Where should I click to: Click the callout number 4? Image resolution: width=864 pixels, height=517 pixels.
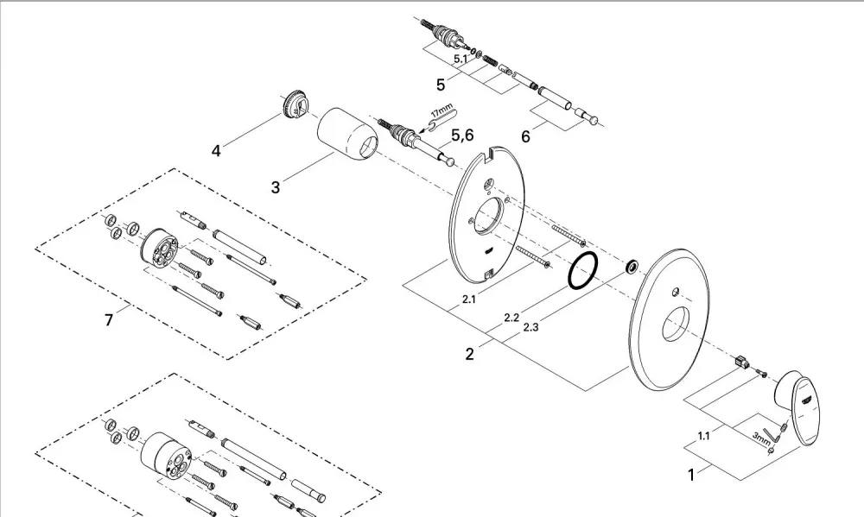tap(216, 150)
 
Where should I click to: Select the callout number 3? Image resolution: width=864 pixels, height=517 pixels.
tap(276, 187)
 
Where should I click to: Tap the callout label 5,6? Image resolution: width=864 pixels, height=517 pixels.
tap(462, 136)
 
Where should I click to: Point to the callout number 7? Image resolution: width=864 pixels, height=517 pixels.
tap(109, 319)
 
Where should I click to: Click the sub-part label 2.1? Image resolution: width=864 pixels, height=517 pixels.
tap(469, 299)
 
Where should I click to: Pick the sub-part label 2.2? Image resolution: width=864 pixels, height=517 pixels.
tap(511, 318)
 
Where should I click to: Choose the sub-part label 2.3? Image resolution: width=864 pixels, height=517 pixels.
tap(530, 328)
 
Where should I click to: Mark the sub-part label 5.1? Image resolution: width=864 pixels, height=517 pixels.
tap(461, 59)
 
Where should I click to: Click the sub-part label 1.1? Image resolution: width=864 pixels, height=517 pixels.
tap(703, 436)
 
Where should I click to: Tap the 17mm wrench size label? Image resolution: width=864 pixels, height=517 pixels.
tap(442, 110)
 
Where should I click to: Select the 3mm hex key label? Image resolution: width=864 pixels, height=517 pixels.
tap(761, 438)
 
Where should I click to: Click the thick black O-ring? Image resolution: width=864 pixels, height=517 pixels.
tap(583, 270)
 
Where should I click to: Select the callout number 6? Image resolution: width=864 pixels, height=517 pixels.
tap(525, 136)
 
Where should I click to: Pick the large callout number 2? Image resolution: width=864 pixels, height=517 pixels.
tap(469, 354)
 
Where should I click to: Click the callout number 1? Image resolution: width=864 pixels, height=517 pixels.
tap(691, 476)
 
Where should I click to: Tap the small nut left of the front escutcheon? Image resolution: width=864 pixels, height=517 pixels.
tap(632, 267)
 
